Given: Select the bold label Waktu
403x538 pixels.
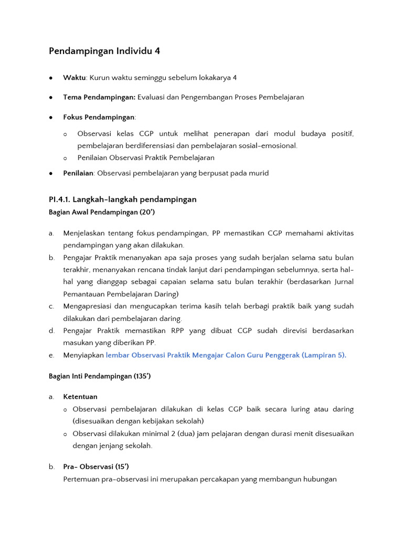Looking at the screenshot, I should [74, 78].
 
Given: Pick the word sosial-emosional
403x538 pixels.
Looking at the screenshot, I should [270, 146].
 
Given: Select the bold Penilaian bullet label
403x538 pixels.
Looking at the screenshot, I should [78, 173].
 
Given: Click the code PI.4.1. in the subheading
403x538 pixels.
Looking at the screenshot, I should [59, 199].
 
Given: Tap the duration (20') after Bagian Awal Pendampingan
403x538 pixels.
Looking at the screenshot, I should [145, 212].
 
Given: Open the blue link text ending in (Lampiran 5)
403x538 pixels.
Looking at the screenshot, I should [225, 355].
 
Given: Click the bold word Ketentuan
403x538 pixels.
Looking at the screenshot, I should [80, 397].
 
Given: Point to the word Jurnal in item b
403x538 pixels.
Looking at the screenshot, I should [342, 282].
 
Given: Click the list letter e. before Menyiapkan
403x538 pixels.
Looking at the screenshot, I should [51, 355].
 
